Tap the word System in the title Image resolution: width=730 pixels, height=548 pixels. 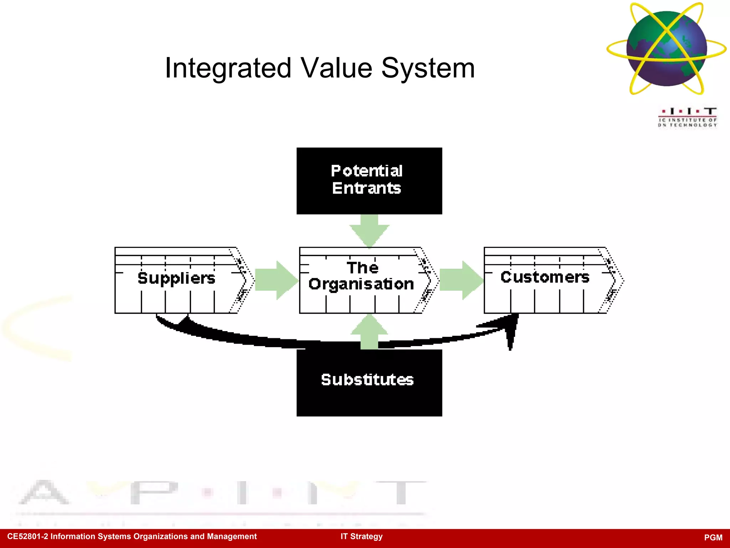(428, 68)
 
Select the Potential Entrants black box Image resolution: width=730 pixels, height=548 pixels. (369, 181)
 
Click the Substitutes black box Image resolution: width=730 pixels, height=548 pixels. (369, 382)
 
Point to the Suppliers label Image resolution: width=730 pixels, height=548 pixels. (176, 279)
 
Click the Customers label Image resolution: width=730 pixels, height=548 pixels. (545, 277)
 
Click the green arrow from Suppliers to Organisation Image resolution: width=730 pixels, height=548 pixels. (277, 280)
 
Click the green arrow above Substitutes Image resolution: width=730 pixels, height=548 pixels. (369, 332)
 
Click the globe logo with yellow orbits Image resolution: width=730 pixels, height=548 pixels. (667, 49)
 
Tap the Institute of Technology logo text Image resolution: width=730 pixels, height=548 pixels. (687, 122)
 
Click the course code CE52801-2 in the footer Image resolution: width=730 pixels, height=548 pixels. (27, 537)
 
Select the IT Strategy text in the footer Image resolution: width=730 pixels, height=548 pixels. (361, 537)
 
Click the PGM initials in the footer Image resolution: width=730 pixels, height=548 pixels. (713, 538)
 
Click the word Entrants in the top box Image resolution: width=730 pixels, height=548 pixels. (366, 188)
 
